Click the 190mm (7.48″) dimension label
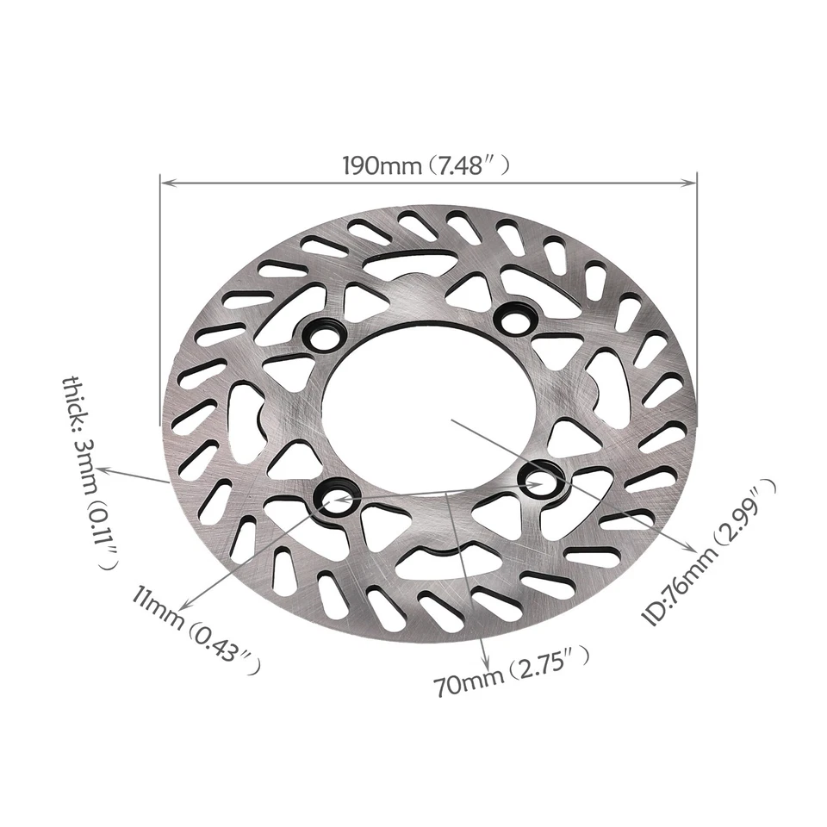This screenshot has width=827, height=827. pyautogui.click(x=428, y=165)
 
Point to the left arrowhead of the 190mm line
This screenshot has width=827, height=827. pyautogui.click(x=166, y=183)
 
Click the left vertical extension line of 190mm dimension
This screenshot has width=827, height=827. pyautogui.click(x=160, y=302)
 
